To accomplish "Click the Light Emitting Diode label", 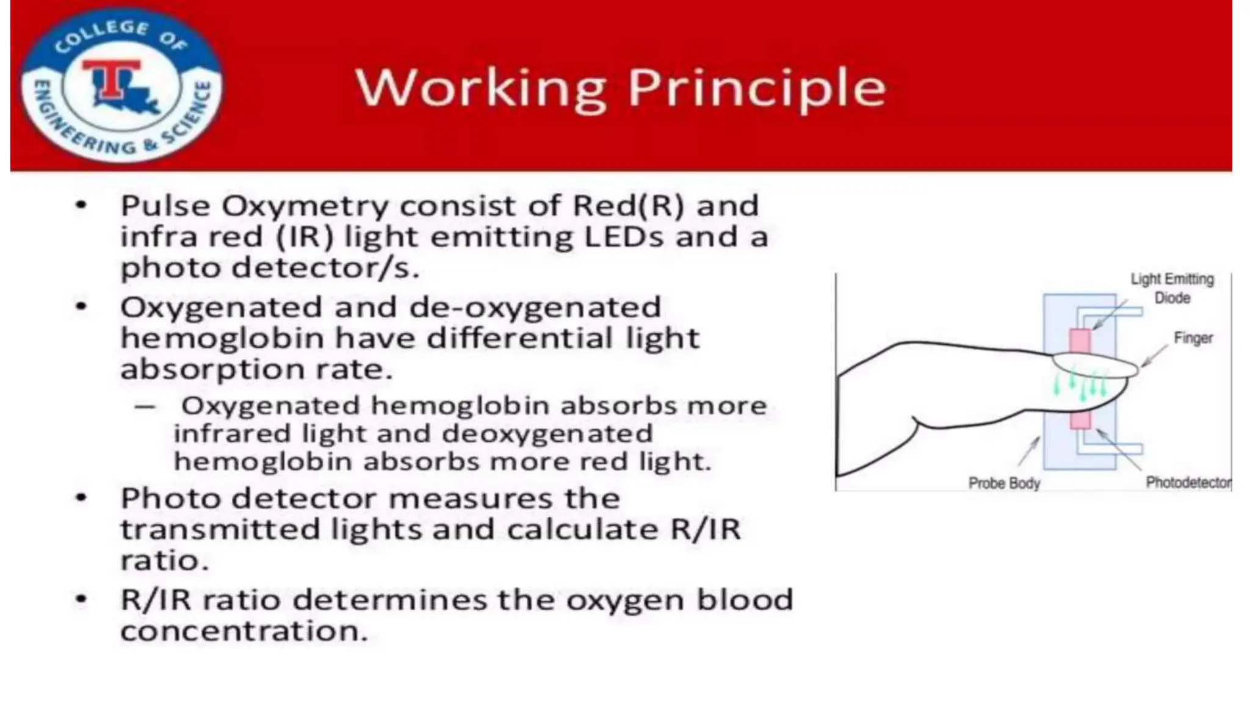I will pos(1172,288).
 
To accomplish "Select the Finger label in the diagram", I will pos(1193,337).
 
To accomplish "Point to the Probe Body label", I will pos(1004,483).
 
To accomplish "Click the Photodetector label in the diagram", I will pos(1188,483).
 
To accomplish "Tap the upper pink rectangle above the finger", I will pos(1079,341).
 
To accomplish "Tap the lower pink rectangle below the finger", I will pos(1080,420).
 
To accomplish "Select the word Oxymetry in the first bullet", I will pos(305,206).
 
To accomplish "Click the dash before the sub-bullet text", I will pos(145,406).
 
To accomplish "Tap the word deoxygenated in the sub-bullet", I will pos(547,434).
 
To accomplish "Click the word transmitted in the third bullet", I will pos(220,529).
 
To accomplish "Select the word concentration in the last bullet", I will pos(244,631).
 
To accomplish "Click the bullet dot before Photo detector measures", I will pos(81,498).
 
